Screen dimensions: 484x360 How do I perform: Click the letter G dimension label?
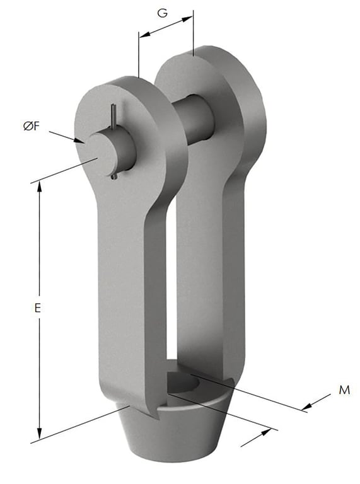click(162, 13)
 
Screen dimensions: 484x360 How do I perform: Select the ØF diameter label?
click(33, 126)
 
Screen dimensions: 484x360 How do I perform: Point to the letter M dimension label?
click(344, 390)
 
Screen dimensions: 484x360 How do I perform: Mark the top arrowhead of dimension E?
click(40, 184)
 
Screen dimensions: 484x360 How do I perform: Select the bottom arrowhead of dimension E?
click(40, 435)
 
